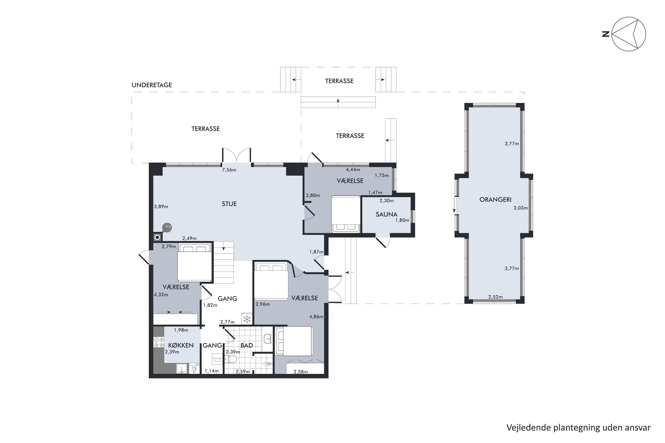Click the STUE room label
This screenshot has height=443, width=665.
tap(229, 204)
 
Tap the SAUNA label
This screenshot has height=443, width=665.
tap(387, 214)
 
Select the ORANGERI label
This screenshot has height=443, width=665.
tap(495, 200)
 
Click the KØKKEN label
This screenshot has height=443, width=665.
tap(181, 345)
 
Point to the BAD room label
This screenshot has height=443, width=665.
tap(246, 345)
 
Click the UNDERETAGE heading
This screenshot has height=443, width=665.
tap(152, 85)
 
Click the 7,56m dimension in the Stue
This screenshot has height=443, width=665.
tap(229, 170)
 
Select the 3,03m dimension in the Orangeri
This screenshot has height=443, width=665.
tap(520, 208)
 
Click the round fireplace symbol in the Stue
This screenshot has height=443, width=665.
tap(167, 227)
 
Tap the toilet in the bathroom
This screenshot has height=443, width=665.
tap(231, 359)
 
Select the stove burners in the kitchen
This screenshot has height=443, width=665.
tap(159, 342)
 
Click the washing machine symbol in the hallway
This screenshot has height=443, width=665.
tap(217, 359)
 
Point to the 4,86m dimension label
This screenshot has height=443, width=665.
tap(316, 317)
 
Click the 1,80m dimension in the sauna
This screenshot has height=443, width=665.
tap(402, 220)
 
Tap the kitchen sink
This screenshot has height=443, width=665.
tap(182, 368)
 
